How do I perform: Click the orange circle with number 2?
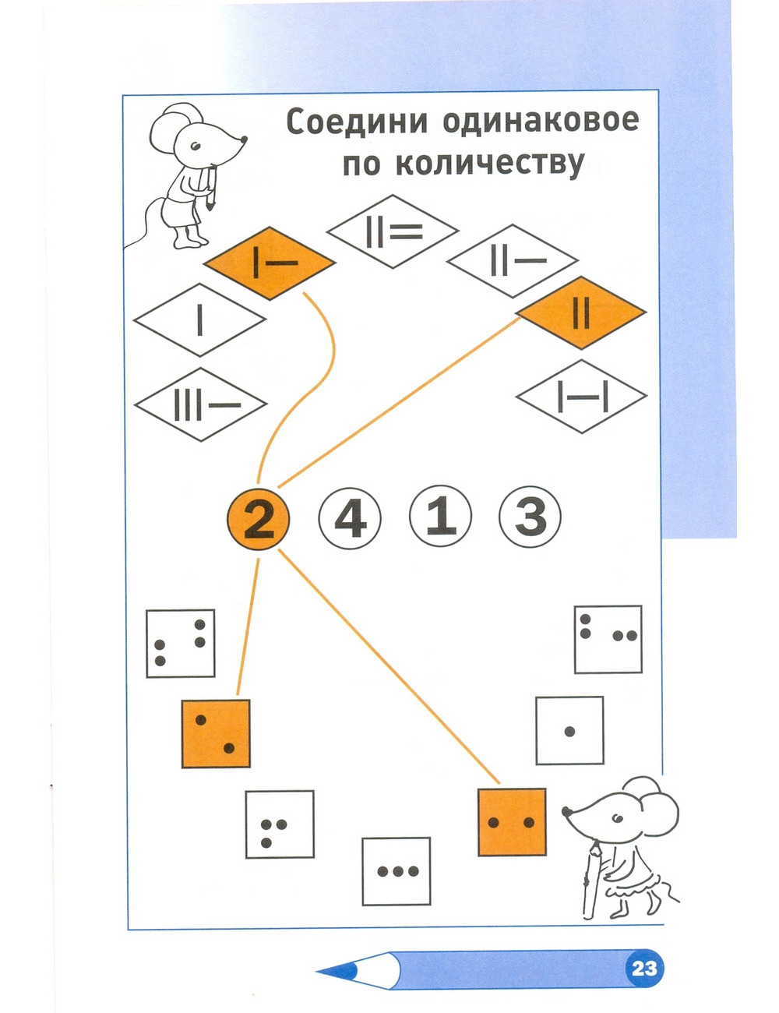coord(259,517)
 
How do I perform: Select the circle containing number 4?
coord(350,517)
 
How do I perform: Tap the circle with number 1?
coord(441,517)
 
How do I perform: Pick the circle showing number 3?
coord(530,517)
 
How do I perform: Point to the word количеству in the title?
coord(490,164)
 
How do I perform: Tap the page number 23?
coord(644,969)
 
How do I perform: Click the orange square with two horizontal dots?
coord(511,822)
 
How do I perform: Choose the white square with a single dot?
coord(569,731)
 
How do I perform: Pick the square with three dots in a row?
coord(397,871)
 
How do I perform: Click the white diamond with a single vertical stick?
coord(200,319)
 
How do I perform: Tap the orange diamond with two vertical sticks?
coord(581,313)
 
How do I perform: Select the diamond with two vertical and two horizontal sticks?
coord(393,231)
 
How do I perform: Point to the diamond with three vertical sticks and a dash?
coord(201,405)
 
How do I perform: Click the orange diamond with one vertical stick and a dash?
coord(270,263)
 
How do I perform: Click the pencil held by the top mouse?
coord(211,187)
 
